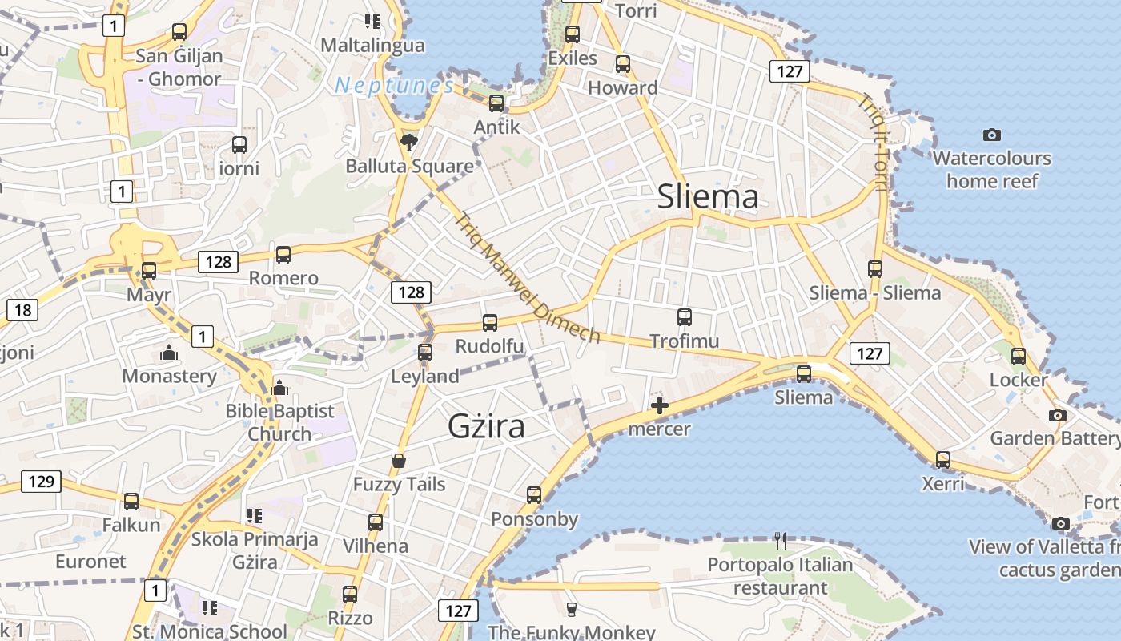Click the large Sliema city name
point(707,196)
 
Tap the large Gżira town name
point(486,426)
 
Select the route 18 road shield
point(22,310)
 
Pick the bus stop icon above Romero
point(283,255)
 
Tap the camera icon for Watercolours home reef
point(991,135)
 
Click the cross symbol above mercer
point(660,405)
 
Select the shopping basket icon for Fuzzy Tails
point(399,461)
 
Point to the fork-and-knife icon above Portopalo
point(781,541)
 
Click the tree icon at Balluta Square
point(409,143)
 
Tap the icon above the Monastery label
point(169,352)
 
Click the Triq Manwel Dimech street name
point(528,277)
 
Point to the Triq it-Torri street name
point(874,144)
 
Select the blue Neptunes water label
point(394,85)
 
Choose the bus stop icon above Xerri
point(943,460)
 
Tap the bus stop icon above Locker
point(1018,356)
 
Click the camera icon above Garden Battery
point(1058,415)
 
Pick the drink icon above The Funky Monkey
point(571,609)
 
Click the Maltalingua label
point(372,45)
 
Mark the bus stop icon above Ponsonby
point(534,495)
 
